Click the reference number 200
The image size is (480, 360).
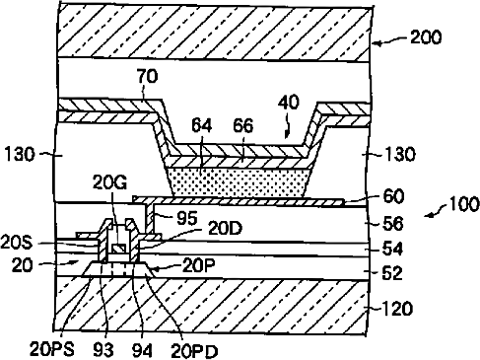click(x=426, y=37)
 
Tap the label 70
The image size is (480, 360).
click(x=147, y=76)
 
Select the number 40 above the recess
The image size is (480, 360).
click(x=289, y=102)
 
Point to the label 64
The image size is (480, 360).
click(x=201, y=125)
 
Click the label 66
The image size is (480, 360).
click(x=242, y=125)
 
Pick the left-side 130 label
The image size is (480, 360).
click(x=19, y=154)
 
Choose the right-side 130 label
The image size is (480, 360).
click(x=399, y=154)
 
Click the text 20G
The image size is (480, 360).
click(x=109, y=182)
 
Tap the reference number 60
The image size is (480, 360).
click(x=393, y=197)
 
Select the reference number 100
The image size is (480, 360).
click(x=463, y=204)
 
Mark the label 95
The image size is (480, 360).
click(x=187, y=218)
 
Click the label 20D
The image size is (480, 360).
click(x=225, y=229)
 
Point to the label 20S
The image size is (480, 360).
click(x=16, y=244)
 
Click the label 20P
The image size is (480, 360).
click(x=199, y=265)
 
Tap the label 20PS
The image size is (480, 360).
click(x=52, y=349)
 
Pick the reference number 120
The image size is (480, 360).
click(x=396, y=309)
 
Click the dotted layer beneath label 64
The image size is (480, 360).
click(x=240, y=182)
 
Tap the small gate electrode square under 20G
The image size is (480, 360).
click(x=118, y=249)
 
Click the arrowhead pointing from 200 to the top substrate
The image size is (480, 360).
click(x=377, y=43)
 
